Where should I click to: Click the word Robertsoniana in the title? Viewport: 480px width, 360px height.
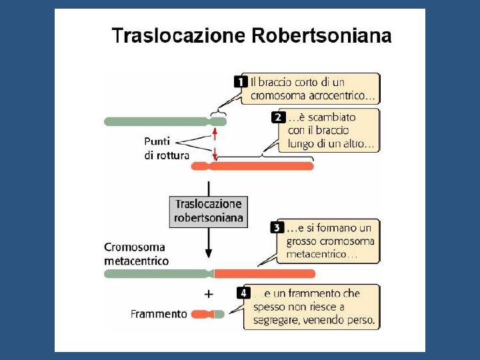[321, 35]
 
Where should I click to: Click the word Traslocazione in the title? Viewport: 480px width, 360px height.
[178, 35]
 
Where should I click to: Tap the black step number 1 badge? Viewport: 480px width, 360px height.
[241, 82]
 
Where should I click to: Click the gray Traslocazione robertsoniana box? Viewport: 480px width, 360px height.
[209, 211]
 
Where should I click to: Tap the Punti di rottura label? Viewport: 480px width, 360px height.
[167, 148]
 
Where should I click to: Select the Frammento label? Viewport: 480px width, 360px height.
[159, 314]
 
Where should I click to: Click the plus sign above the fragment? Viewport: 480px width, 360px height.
[209, 293]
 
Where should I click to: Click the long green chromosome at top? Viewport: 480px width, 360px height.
[157, 121]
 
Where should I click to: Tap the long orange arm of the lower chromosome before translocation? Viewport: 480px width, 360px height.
[263, 166]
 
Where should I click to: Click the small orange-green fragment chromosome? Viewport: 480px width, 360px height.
[208, 314]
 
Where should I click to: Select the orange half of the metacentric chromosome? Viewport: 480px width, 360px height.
[264, 273]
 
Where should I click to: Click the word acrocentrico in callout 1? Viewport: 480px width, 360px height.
[347, 95]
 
